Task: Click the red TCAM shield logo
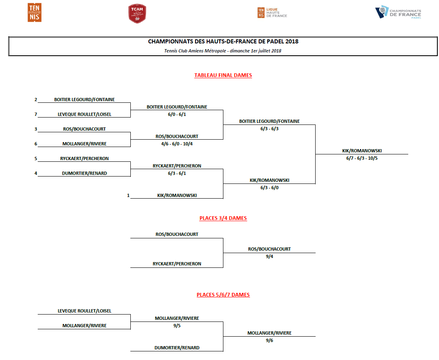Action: point(137,14)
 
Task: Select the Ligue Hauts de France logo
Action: point(272,13)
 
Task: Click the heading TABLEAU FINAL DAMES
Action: point(223,75)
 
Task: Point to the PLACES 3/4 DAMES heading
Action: point(223,218)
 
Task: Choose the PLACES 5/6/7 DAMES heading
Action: point(223,295)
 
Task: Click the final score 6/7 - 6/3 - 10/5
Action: point(362,158)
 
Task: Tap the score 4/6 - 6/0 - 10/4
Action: point(177,144)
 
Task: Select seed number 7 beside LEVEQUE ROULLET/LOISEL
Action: point(36,114)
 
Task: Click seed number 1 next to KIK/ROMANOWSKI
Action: point(128,195)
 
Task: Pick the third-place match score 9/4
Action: point(269,256)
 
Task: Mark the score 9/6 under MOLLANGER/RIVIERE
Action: point(269,340)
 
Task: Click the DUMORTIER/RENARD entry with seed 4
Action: point(84,173)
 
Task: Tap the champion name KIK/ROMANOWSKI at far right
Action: point(362,151)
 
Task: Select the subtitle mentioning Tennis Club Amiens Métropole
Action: point(223,51)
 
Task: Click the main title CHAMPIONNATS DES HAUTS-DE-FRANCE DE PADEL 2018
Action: point(223,41)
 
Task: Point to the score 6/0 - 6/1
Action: point(177,114)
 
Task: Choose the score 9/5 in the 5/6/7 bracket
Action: point(177,326)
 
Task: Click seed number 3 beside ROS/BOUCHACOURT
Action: point(36,129)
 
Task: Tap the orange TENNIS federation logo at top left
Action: point(34,13)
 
